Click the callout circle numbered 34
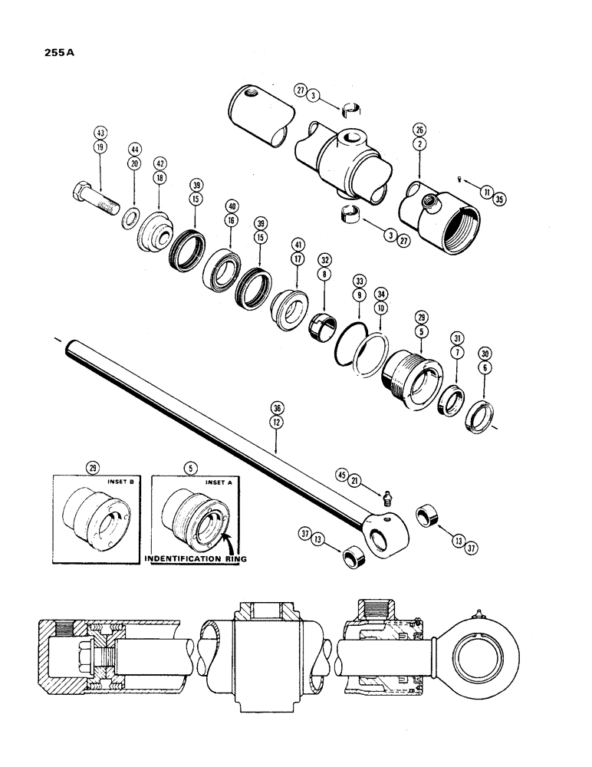coord(380,295)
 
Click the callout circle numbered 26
coord(419,129)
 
